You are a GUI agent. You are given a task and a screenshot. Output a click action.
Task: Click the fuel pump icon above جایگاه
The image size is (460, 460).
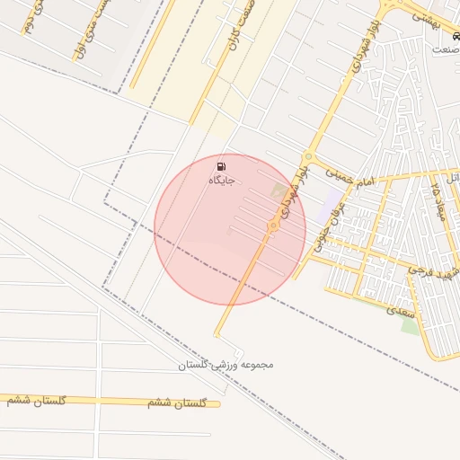221,166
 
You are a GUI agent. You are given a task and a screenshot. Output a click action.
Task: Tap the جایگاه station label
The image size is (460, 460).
222,181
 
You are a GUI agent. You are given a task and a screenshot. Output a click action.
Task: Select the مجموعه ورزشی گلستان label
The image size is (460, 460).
225,365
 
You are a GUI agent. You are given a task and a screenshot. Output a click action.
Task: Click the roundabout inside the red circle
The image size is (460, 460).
272,226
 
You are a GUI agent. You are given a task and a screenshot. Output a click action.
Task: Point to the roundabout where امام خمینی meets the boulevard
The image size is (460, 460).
308,155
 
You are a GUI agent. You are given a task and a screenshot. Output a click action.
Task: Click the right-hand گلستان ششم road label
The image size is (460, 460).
184,403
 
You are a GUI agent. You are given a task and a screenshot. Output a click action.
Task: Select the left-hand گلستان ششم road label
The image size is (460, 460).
35,398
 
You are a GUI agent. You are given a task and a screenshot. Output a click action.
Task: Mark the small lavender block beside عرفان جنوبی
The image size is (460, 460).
332,200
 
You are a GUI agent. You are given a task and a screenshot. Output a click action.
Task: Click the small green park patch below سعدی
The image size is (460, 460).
410,324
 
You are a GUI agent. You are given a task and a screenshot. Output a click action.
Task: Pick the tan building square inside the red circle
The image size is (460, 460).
279,191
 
